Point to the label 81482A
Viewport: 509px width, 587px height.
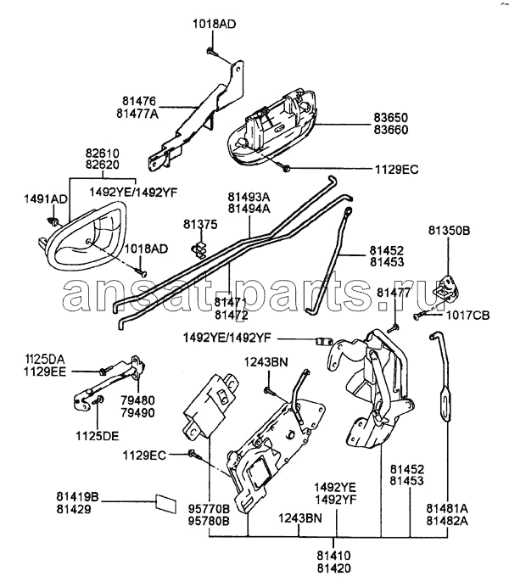(446, 520)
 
